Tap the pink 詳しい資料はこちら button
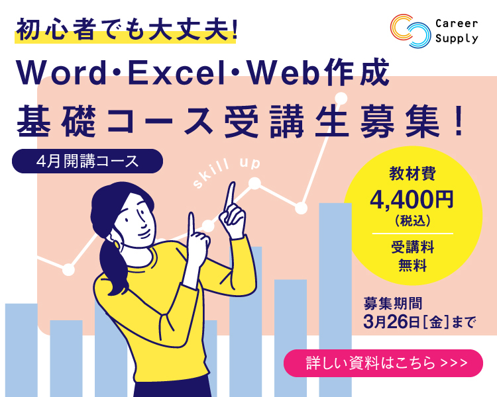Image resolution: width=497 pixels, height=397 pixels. tap(383, 363)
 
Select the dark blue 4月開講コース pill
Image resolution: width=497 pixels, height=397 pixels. tap(87, 161)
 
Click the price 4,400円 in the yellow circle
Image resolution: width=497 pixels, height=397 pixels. tap(412, 200)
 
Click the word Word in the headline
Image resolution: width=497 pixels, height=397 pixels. tap(61, 73)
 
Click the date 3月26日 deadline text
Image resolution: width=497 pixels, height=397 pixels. tap(390, 322)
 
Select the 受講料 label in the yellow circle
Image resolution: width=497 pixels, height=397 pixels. tap(412, 247)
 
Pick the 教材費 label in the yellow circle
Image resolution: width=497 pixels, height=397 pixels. tap(412, 174)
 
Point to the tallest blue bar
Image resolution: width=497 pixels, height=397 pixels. tap(335, 300)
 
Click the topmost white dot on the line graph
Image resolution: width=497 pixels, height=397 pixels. tap(341, 99)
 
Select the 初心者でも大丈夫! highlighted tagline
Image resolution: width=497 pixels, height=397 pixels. tap(126, 30)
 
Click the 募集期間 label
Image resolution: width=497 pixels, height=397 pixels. tap(393, 303)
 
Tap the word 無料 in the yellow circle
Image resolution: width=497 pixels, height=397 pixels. tap(412, 265)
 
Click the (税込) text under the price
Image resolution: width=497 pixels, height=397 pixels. tap(412, 220)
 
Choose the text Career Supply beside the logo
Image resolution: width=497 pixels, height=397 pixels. tap(457, 31)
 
